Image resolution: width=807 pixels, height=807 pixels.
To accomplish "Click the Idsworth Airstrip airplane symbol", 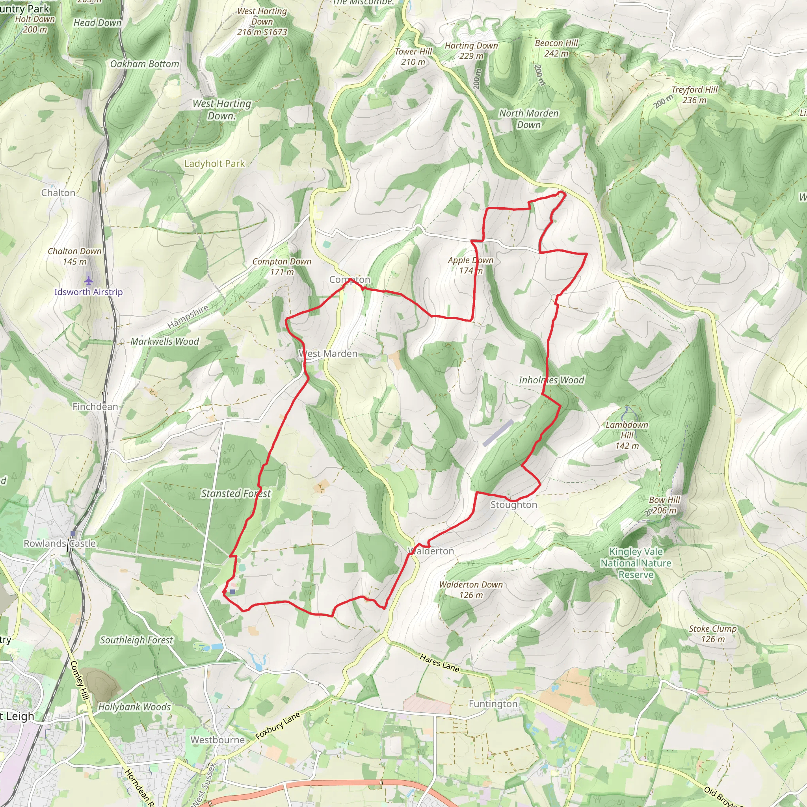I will tap(88, 279).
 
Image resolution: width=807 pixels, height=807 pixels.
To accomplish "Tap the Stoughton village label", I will tap(513, 505).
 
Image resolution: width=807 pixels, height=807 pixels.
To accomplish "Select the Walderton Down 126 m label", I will tap(471, 590).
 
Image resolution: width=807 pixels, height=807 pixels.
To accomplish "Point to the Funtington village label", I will tap(493, 704).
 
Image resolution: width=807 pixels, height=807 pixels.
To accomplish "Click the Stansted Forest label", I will tap(236, 494).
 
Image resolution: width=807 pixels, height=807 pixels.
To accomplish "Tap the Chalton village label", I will tap(58, 193).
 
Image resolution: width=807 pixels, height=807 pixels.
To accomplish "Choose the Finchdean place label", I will tap(95, 407).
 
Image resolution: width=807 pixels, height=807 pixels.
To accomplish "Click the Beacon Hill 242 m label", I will tap(556, 48).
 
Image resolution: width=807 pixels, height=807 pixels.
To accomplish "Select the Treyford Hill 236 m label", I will tap(694, 95).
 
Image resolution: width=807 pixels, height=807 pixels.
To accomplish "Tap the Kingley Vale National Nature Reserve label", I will tap(636, 563).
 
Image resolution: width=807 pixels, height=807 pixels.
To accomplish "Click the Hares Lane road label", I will tap(439, 663).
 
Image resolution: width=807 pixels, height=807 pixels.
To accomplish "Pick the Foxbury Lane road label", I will tap(278, 726).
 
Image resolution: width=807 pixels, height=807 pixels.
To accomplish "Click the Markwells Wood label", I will tap(165, 342).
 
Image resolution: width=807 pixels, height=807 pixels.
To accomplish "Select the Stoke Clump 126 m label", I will tap(712, 634).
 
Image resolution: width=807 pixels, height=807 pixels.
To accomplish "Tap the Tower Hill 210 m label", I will tap(413, 57).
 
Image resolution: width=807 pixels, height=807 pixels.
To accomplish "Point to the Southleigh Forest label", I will tap(136, 640).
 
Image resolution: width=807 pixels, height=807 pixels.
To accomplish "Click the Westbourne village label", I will tap(218, 740).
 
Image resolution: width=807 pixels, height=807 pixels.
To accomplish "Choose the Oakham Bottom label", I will tap(145, 64).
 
